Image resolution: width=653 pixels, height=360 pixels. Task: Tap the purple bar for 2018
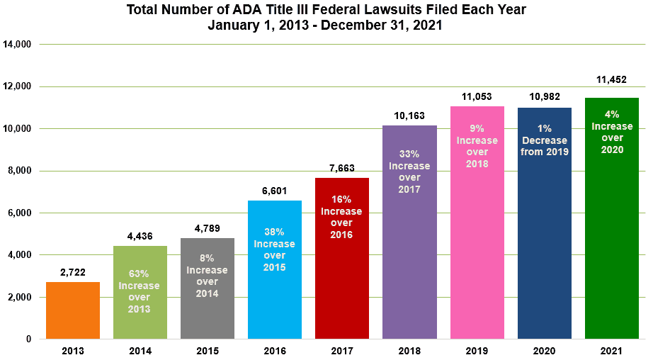(x=409, y=269)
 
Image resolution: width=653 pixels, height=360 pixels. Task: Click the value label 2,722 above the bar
(x=72, y=274)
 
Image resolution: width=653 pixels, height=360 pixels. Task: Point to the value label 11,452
(x=611, y=80)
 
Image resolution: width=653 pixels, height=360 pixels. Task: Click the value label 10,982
(x=544, y=96)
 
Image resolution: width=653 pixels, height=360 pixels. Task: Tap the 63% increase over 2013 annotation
(x=140, y=291)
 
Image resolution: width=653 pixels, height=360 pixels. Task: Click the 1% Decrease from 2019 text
(x=544, y=140)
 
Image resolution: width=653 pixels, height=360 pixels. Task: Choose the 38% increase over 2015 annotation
(x=275, y=249)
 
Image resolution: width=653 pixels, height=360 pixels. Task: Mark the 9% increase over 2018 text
(x=477, y=146)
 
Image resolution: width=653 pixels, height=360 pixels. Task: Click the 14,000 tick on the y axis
(x=18, y=44)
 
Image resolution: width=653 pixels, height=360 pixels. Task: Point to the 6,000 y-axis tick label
(x=18, y=213)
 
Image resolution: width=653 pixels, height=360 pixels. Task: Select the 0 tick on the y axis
(x=28, y=339)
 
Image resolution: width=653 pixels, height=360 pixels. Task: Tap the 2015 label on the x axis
(x=207, y=351)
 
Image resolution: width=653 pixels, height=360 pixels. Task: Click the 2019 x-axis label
(x=477, y=351)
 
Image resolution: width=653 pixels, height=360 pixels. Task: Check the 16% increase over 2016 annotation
(x=342, y=223)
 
